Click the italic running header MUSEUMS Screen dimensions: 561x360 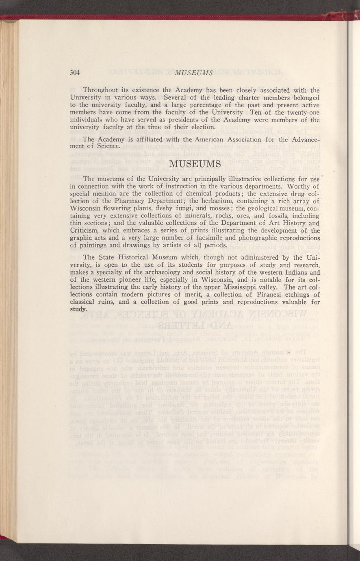[x=193, y=73]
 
